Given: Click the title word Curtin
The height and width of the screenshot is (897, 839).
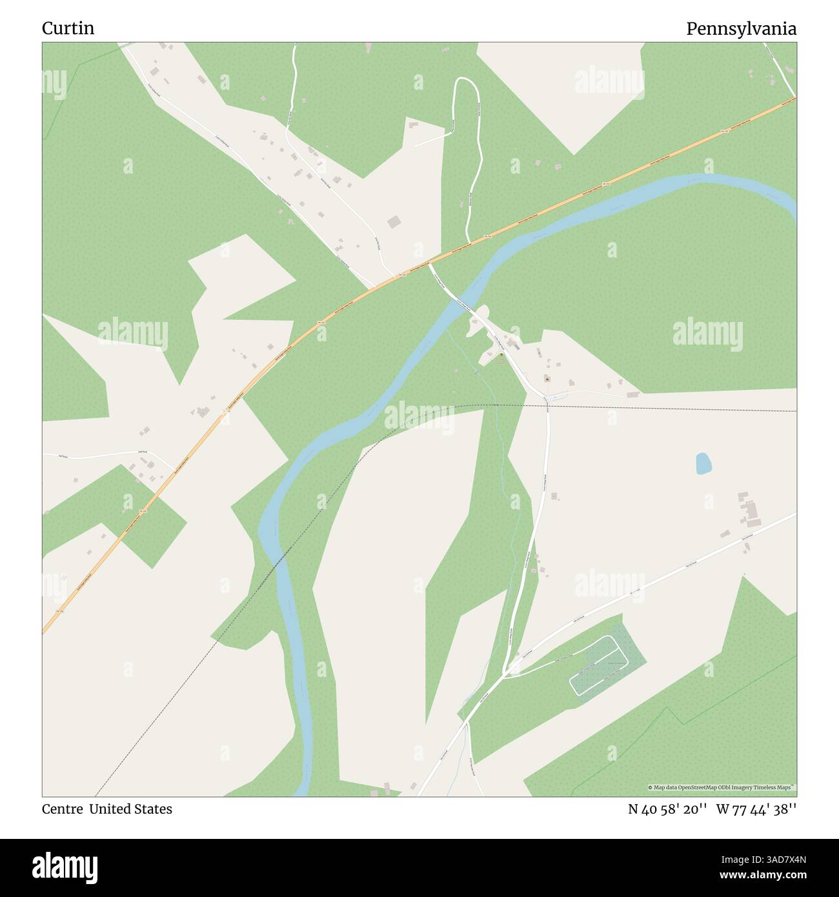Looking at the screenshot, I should (68, 28).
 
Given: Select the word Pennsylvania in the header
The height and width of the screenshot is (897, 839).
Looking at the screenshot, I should (741, 28).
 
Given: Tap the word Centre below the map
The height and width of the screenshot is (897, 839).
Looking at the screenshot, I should (62, 809).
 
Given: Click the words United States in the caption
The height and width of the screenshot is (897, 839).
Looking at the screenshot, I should (130, 809).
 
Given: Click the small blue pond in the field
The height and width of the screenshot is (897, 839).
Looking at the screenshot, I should (703, 463).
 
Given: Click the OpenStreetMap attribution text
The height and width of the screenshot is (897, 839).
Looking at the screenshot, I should (722, 787).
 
